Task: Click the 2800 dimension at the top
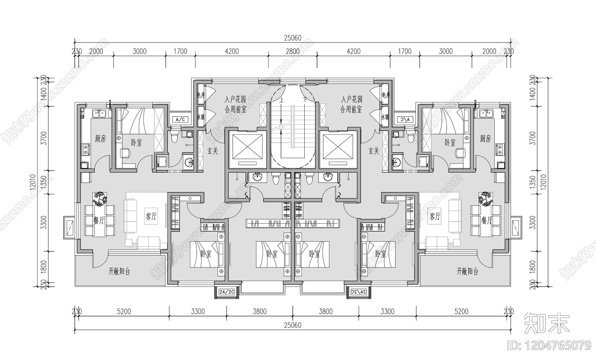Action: pyautogui.click(x=292, y=51)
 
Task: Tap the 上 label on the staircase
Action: pyautogui.click(x=281, y=100)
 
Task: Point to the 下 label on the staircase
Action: pyautogui.click(x=305, y=100)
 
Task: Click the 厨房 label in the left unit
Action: pyautogui.click(x=100, y=139)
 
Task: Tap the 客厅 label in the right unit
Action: pyautogui.click(x=435, y=216)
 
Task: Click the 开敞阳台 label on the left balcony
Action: pyautogui.click(x=119, y=271)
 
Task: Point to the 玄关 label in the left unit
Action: pyautogui.click(x=212, y=151)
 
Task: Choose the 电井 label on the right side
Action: pyautogui.click(x=386, y=95)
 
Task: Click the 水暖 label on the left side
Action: pyautogui.click(x=200, y=117)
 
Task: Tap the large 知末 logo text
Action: pyautogui.click(x=547, y=322)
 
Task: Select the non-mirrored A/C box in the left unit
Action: pyautogui.click(x=180, y=120)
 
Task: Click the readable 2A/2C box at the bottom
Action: pyautogui.click(x=226, y=291)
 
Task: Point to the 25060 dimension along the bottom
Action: pyautogui.click(x=292, y=325)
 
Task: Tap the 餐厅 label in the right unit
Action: pyautogui.click(x=487, y=220)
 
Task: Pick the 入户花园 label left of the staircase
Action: pyautogui.click(x=235, y=100)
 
